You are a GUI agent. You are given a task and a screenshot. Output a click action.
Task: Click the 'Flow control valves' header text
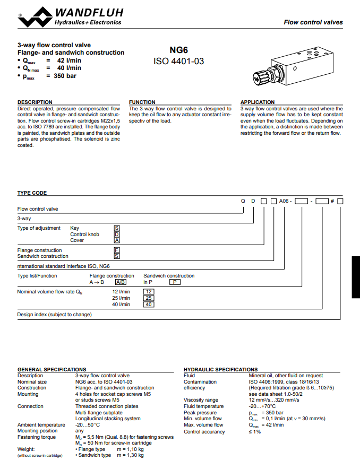point(313,22)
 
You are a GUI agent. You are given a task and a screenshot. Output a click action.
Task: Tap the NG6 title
point(178,50)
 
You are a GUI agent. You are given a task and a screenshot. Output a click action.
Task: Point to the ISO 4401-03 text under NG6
point(178,62)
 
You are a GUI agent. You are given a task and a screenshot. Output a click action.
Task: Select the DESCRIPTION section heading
point(35,102)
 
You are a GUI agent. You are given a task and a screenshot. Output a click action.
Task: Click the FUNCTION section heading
point(142,102)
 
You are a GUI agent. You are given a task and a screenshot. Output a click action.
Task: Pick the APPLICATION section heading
point(258,102)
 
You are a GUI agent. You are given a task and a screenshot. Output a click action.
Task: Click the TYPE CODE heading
point(32,193)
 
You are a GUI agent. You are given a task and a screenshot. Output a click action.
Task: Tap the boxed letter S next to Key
point(117,228)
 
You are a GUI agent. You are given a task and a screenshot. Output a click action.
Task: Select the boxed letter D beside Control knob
point(117,234)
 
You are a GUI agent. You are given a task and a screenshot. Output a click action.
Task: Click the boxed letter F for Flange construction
point(117,250)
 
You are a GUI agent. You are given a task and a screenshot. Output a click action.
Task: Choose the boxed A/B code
point(121,282)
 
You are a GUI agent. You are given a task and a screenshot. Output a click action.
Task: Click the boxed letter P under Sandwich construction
point(174,282)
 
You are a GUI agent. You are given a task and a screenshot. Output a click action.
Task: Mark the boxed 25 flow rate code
point(149,298)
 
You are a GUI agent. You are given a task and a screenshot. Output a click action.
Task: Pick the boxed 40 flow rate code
point(149,305)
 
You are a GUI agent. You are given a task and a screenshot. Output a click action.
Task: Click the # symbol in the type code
point(332,201)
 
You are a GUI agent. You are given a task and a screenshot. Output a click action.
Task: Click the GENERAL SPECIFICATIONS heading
point(52,369)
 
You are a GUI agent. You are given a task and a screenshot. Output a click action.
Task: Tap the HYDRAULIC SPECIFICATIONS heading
point(220,369)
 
